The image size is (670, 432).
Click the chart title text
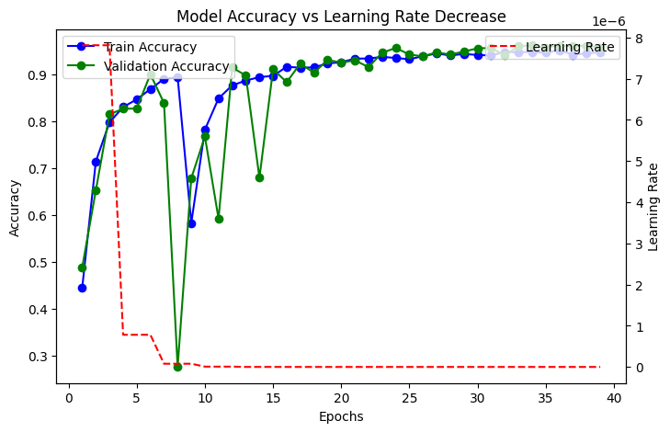pos(340,17)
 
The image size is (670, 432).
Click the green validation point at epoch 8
pos(177,366)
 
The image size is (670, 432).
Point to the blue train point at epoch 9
pos(191,223)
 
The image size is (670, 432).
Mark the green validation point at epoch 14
pos(259,177)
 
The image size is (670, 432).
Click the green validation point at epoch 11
pos(219,219)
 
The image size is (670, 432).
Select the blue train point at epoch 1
pos(82,288)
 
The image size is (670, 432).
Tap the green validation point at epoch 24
pos(396,48)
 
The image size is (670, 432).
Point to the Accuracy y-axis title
pos(15,207)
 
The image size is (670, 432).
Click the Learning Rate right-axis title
pos(653,207)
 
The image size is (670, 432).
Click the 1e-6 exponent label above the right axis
pos(607,21)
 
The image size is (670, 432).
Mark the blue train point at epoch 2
pos(96,162)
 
